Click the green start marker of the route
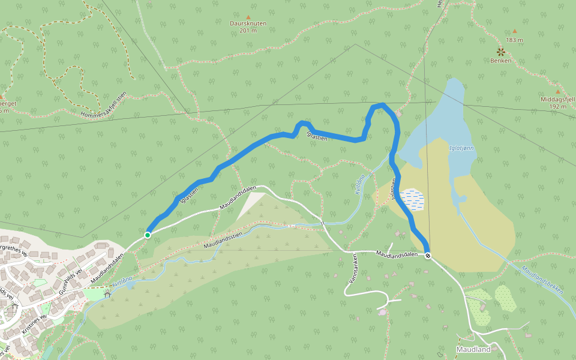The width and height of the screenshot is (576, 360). click(x=148, y=235)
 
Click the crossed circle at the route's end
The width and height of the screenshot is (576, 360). click(x=428, y=256)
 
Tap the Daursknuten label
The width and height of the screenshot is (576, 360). click(x=248, y=23)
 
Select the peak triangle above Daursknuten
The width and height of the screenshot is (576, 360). click(x=248, y=16)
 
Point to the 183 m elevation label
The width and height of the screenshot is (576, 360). click(x=514, y=40)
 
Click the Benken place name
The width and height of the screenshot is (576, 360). click(x=500, y=61)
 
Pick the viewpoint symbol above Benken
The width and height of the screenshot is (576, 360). click(x=500, y=52)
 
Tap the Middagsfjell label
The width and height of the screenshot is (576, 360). click(x=557, y=100)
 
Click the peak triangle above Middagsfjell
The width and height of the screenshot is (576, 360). click(x=557, y=92)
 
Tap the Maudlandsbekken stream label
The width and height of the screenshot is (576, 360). click(x=542, y=279)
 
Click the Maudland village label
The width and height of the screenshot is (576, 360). click(x=473, y=349)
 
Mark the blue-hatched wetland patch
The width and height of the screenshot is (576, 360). click(x=412, y=200)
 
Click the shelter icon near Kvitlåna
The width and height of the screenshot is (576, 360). click(x=108, y=294)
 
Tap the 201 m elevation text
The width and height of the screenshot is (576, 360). click(x=248, y=31)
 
